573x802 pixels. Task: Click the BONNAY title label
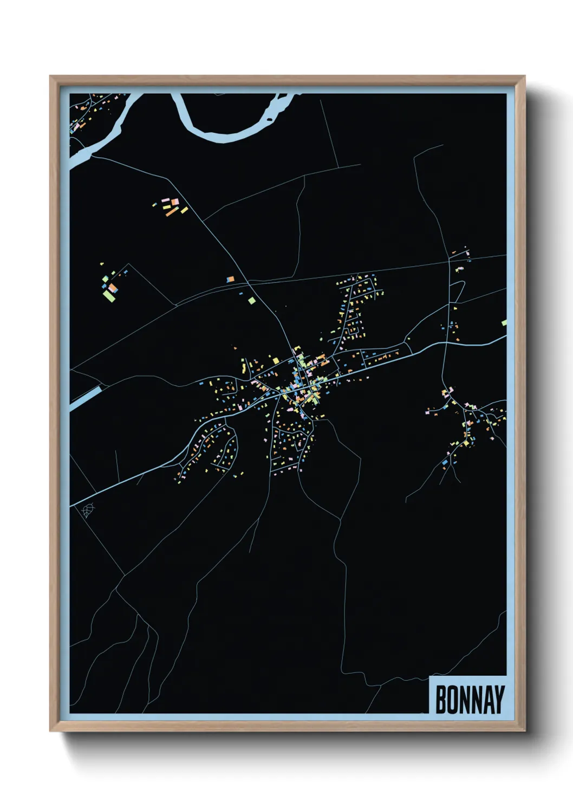[469, 700]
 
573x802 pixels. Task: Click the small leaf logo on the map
[87, 510]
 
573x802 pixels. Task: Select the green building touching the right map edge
[504, 323]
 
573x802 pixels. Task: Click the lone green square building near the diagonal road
[251, 299]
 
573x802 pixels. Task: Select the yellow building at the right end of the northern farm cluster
[184, 210]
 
